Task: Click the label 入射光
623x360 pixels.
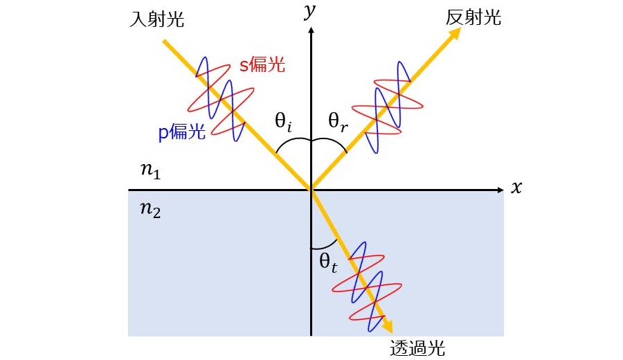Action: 156,19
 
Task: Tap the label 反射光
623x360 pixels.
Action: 473,17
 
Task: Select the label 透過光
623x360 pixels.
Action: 417,348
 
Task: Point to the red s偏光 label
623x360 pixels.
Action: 262,64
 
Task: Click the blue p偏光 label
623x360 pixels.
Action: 181,132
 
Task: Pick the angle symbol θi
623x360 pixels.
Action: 283,121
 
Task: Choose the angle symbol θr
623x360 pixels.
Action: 338,121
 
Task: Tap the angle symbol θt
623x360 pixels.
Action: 328,262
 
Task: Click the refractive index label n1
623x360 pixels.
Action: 151,171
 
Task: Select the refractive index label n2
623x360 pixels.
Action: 151,209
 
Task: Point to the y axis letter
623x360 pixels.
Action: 309,11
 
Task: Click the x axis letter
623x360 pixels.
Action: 516,187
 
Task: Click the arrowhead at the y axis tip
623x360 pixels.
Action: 311,30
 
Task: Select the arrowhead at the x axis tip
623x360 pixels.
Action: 500,190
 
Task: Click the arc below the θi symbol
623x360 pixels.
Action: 294,143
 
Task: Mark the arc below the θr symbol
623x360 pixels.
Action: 329,143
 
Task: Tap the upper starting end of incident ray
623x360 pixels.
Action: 163,41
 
